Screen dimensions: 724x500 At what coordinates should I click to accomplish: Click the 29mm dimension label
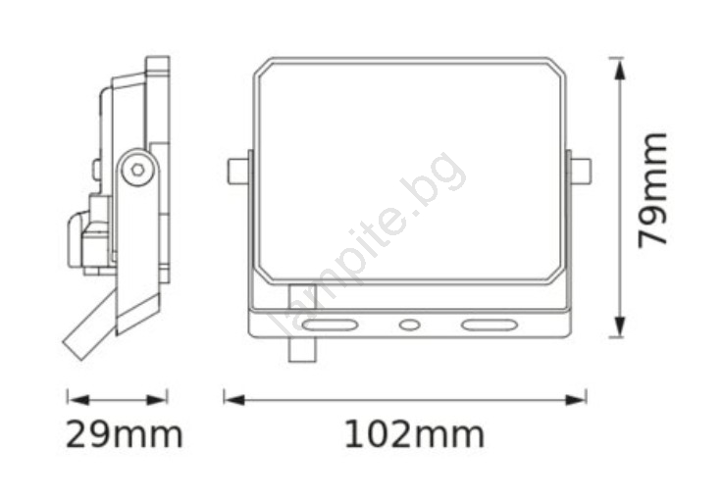125,434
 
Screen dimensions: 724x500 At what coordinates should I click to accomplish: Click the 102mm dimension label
415,434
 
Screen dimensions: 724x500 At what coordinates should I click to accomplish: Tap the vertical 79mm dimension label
652,190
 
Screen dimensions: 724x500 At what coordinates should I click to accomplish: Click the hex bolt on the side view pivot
137,170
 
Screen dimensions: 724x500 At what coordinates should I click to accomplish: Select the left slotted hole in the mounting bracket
330,325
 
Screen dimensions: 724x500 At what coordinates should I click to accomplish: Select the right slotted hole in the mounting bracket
489,325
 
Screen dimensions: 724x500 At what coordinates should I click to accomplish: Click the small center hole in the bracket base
409,325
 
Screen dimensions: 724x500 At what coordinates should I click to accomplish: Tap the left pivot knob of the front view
237,172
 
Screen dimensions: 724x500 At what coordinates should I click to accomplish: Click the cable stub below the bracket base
302,350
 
